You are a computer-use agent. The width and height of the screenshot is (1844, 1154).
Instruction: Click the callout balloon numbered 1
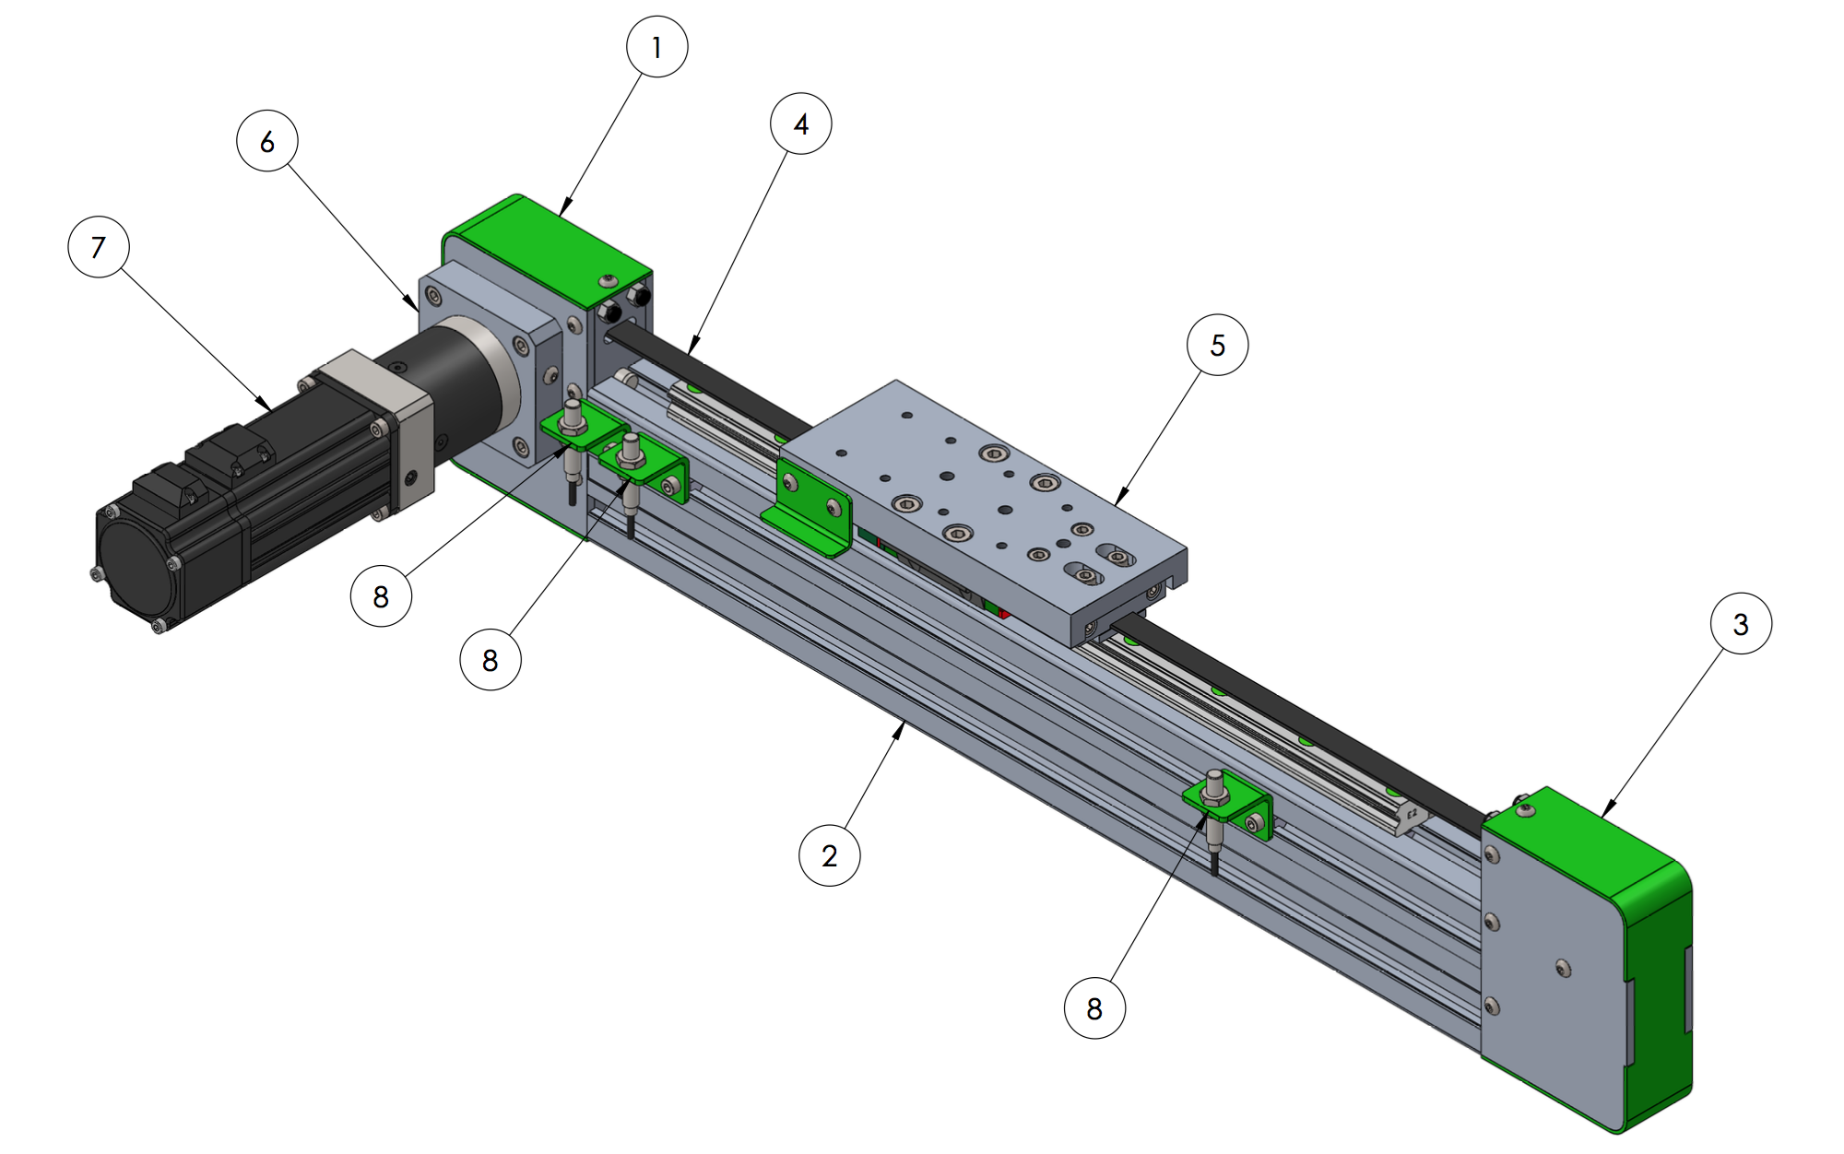point(656,47)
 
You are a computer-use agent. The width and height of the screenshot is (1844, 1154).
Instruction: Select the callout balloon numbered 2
point(829,855)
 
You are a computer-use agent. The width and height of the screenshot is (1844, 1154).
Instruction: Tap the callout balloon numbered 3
point(1740,624)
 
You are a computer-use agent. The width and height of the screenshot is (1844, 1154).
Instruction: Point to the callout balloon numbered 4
point(800,124)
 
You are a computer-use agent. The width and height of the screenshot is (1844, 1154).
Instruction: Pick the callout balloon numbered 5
point(1217,345)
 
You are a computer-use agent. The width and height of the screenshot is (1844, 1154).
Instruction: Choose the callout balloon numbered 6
point(266,141)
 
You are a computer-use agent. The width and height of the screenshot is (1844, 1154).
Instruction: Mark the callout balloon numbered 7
point(99,247)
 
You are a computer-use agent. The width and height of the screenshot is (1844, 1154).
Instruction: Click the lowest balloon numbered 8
point(1093,1008)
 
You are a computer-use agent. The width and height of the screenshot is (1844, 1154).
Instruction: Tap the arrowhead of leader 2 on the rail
point(901,728)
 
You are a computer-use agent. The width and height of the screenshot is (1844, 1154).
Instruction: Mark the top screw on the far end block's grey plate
point(1493,855)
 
